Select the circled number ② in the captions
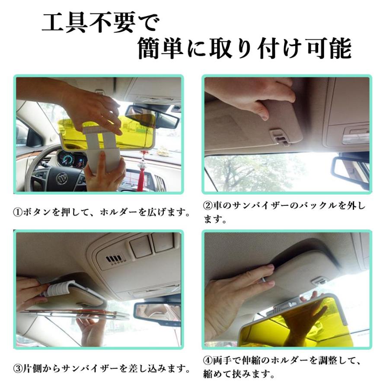point(207,205)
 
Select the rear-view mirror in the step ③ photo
point(156,310)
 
